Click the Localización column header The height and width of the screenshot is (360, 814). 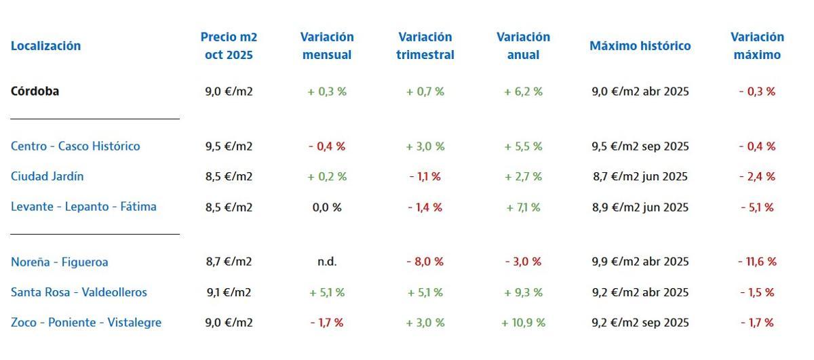click(x=45, y=46)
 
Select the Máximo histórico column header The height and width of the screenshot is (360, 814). click(x=640, y=46)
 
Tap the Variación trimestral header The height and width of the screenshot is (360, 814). click(x=425, y=46)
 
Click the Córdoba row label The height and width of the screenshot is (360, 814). click(x=35, y=92)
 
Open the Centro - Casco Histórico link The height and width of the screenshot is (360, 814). click(x=75, y=146)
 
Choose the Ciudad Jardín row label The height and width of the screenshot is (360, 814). click(x=47, y=176)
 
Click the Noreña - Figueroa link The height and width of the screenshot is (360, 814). click(x=60, y=262)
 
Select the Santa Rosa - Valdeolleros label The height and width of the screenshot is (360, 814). click(x=79, y=292)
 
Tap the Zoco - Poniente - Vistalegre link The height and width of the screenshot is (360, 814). click(x=86, y=323)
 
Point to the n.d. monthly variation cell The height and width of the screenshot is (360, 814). click(x=327, y=262)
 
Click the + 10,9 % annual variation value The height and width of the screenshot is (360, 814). click(x=523, y=323)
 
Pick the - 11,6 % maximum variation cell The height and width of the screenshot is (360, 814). click(x=757, y=262)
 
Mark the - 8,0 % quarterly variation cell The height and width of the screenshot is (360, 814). click(x=425, y=262)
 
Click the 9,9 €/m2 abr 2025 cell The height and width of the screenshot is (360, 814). click(x=640, y=262)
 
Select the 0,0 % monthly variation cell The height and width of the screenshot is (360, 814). click(x=327, y=207)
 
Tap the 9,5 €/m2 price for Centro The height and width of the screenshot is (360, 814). click(x=229, y=146)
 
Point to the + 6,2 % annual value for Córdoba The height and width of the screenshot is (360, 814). click(x=523, y=92)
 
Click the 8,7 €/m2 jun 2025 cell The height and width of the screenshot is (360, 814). click(x=640, y=176)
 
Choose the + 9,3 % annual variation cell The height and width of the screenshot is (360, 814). click(x=523, y=292)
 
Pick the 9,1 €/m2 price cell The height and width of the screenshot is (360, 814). click(x=229, y=292)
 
